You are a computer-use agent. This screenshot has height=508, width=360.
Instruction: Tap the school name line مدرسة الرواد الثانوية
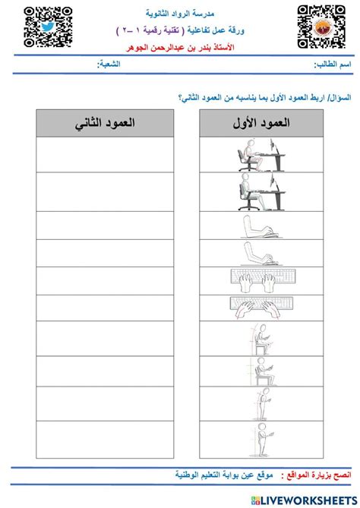click(182, 13)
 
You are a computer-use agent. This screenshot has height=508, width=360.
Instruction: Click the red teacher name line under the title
click(182, 47)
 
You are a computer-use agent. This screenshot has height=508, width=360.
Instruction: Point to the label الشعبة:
click(109, 67)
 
